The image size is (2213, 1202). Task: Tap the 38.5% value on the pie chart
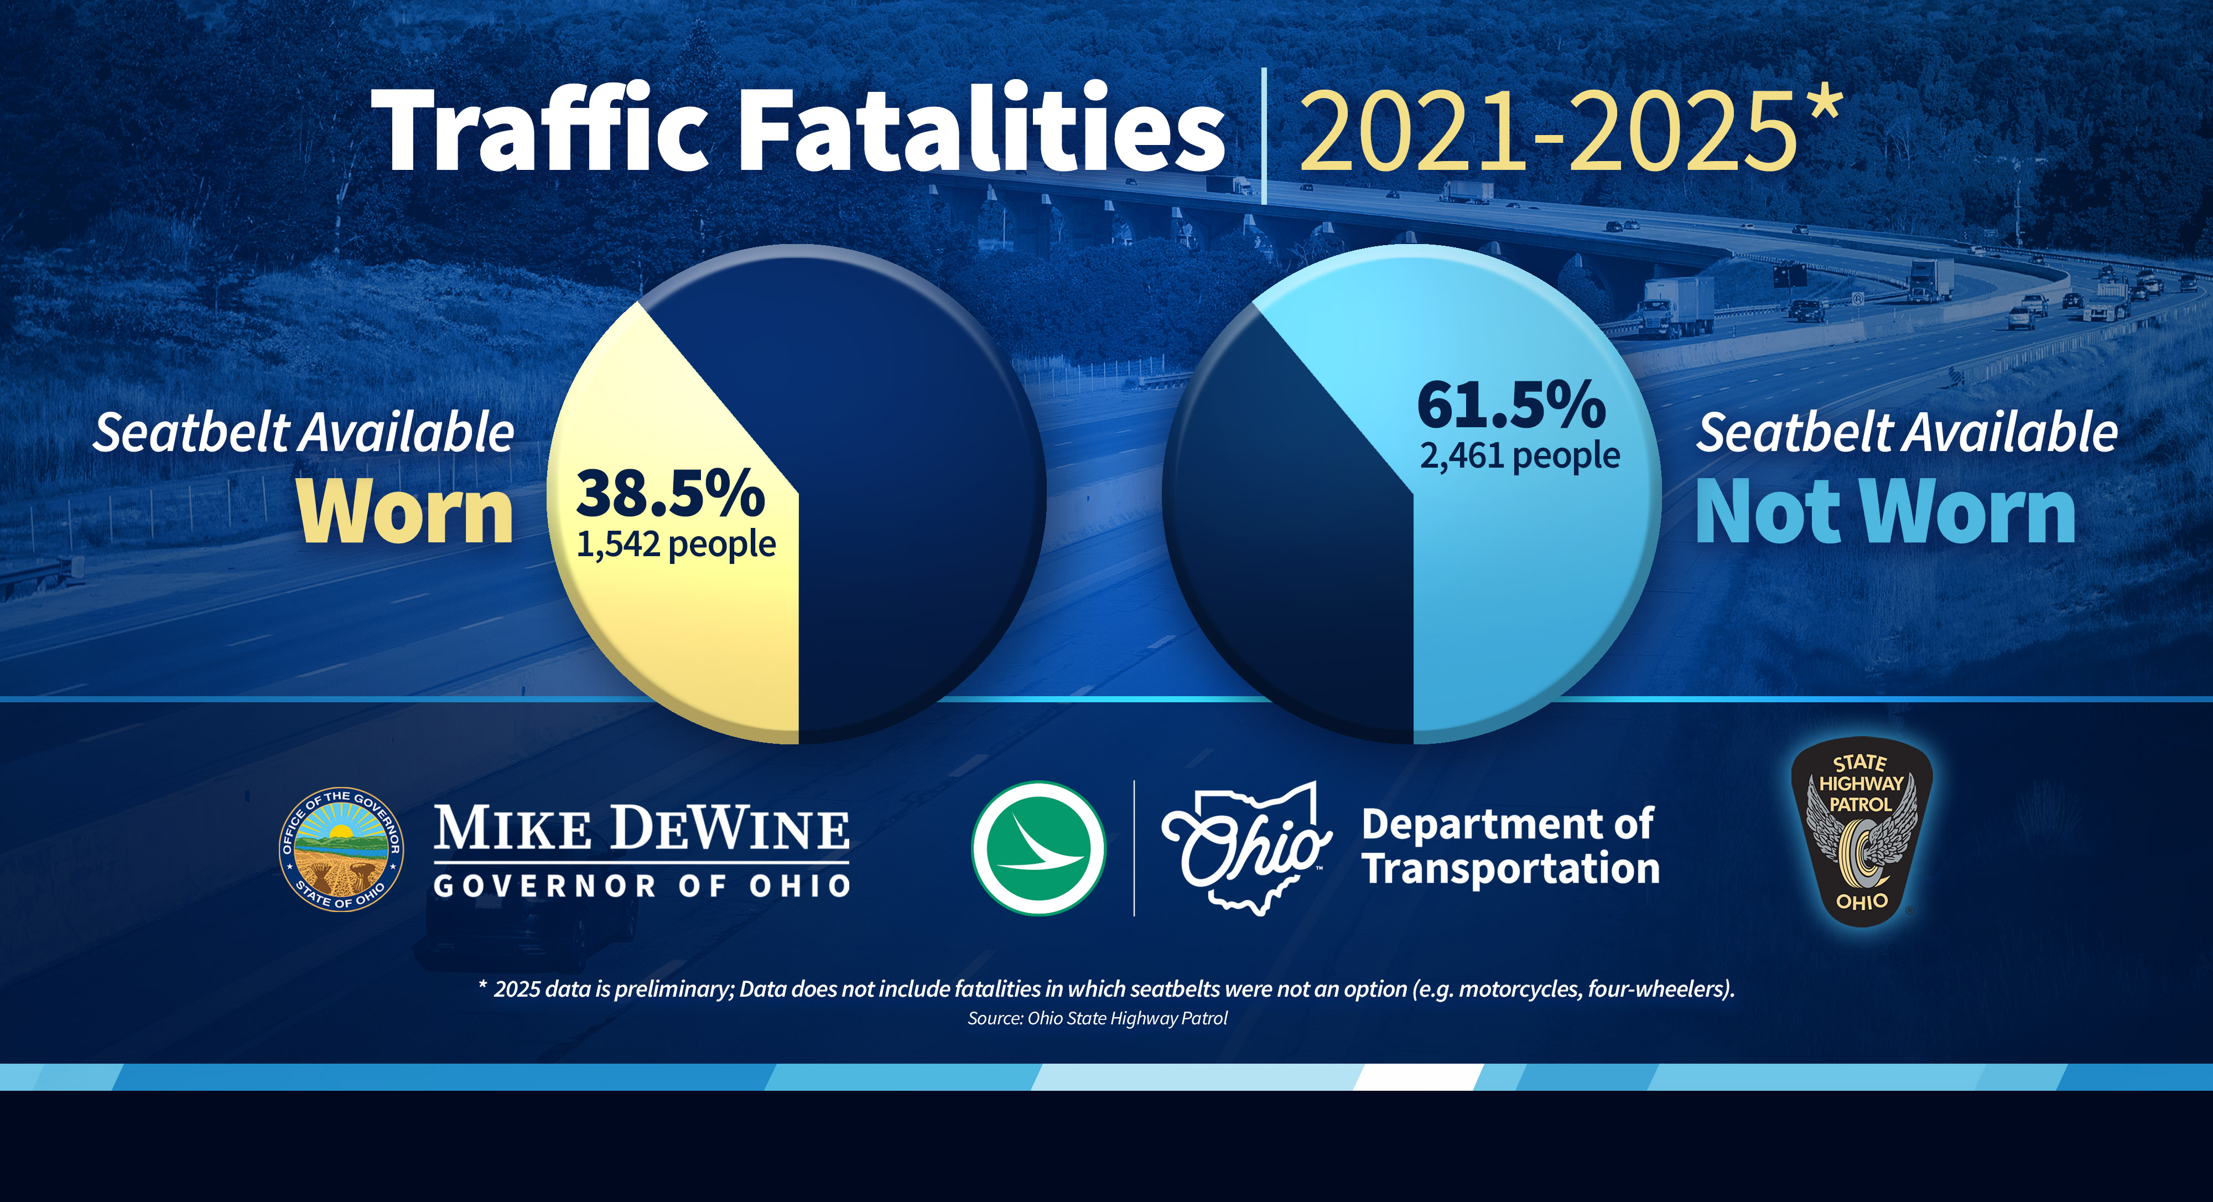(x=670, y=494)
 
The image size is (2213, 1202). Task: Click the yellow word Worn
(x=406, y=512)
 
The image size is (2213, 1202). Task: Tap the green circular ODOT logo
(x=1038, y=848)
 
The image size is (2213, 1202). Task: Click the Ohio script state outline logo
(x=1246, y=848)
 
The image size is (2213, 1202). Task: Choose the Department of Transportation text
(x=1509, y=846)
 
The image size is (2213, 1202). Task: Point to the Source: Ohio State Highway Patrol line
(x=1097, y=1018)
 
